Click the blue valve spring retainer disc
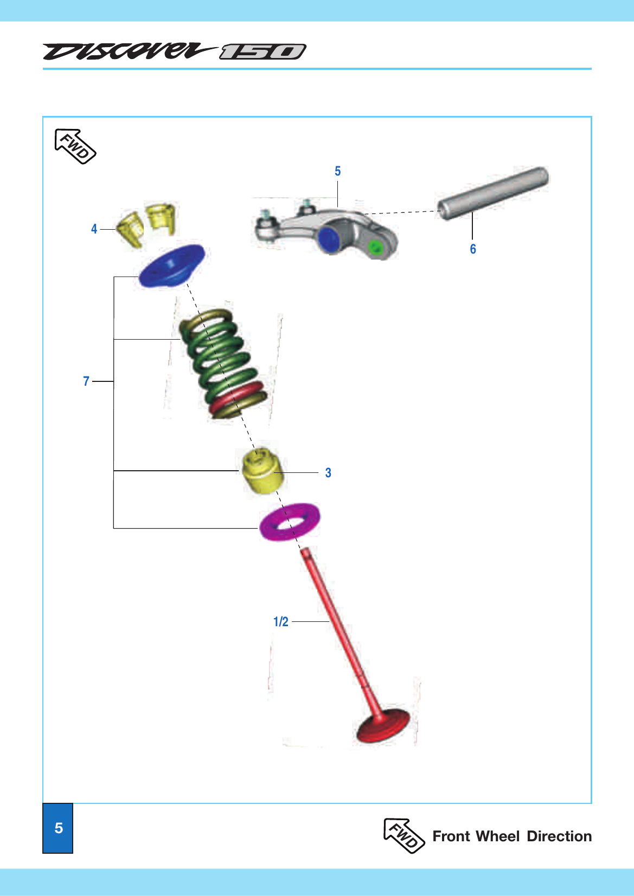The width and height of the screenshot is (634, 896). (x=171, y=265)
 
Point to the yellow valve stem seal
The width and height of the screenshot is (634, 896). (x=262, y=472)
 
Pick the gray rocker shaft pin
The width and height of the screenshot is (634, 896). (x=494, y=193)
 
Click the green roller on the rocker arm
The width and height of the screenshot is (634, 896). (x=375, y=247)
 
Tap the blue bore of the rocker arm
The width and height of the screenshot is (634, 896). (x=329, y=240)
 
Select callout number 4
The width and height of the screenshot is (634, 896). (x=94, y=229)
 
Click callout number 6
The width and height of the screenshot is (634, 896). (x=473, y=249)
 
